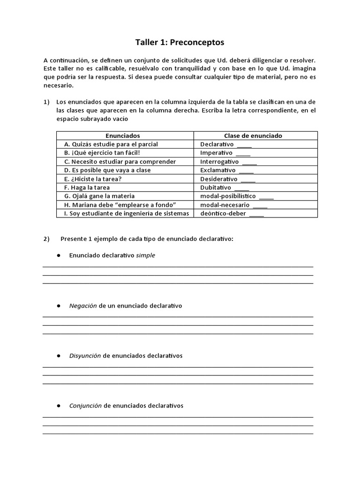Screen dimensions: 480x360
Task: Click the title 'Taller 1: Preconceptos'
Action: pyautogui.click(x=180, y=43)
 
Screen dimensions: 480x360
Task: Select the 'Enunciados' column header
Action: pyautogui.click(x=122, y=135)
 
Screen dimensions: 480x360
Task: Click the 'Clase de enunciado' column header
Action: pyautogui.click(x=253, y=135)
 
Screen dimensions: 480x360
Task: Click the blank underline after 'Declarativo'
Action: pyautogui.click(x=245, y=145)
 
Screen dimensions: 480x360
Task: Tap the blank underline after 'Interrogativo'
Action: pyautogui.click(x=250, y=163)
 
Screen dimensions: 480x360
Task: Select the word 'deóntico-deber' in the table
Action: pyautogui.click(x=223, y=213)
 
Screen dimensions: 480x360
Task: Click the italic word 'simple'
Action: pyautogui.click(x=145, y=255)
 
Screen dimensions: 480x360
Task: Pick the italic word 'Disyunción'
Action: pyautogui.click(x=85, y=356)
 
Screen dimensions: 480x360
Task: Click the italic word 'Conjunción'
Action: pyautogui.click(x=85, y=405)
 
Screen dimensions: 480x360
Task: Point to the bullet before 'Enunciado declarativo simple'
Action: pyautogui.click(x=59, y=255)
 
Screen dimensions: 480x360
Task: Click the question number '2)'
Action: pyautogui.click(x=46, y=239)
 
